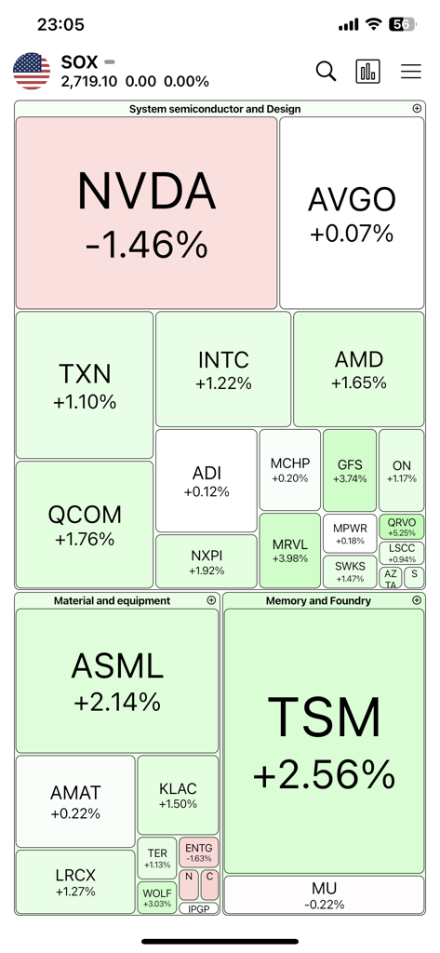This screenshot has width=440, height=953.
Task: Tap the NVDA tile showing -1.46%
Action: pos(146,213)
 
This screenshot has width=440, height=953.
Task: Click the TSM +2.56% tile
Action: pos(324,741)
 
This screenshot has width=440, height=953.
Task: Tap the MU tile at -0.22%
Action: pos(324,895)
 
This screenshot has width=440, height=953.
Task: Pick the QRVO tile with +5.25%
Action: pos(402,527)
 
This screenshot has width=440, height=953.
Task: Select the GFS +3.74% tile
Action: pos(350,469)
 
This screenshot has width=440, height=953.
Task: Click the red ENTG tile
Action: pos(198,852)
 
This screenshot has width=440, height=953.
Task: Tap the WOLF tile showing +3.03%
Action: pos(157,897)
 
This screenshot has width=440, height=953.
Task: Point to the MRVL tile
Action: pos(290,549)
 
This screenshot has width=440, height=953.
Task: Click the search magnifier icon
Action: pos(326,72)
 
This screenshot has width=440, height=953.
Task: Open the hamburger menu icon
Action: pos(410,72)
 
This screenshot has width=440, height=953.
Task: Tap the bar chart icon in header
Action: pos(368,72)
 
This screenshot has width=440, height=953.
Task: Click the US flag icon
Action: pos(32,72)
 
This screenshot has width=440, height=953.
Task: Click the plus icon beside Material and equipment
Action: pos(211,601)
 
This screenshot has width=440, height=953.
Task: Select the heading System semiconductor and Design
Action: pos(214,109)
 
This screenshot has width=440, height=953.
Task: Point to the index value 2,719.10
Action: pos(90,82)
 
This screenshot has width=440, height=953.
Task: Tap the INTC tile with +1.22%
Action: pos(223,369)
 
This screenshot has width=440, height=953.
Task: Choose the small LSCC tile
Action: pos(402,553)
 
